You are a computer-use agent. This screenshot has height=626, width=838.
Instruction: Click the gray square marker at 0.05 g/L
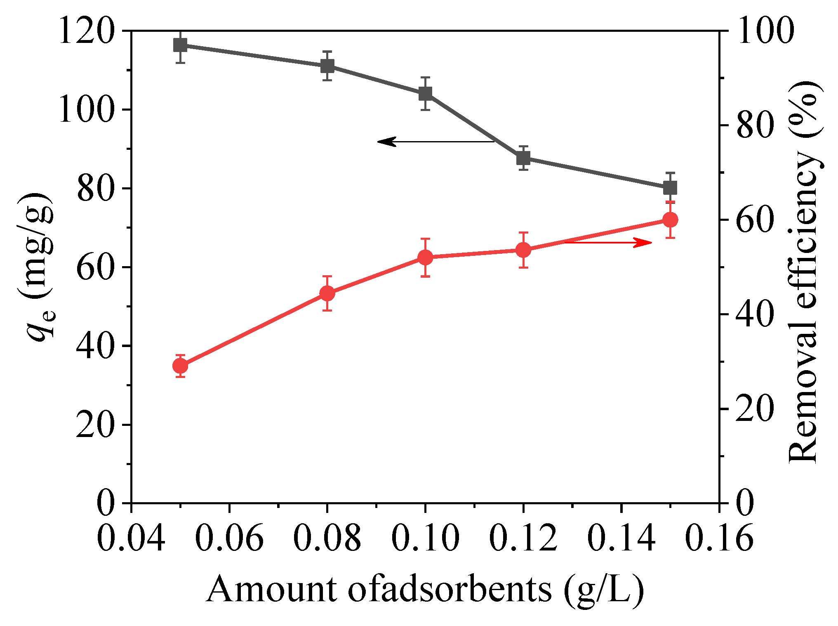tap(180, 45)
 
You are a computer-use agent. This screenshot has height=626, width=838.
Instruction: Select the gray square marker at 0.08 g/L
tap(327, 66)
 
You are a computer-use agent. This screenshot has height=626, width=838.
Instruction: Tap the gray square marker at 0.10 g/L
tap(425, 94)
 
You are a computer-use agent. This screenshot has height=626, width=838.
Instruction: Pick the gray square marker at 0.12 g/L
tap(523, 158)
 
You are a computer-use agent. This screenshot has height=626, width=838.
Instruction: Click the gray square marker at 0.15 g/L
tap(670, 188)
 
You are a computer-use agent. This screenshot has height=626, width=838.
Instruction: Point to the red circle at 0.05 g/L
tap(180, 366)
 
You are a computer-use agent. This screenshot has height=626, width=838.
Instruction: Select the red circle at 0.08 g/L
tap(327, 293)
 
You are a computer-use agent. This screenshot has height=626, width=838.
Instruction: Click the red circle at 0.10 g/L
tap(425, 257)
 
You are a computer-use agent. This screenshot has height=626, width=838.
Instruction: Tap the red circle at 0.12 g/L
tap(523, 250)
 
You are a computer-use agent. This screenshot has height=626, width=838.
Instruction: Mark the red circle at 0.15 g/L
tap(670, 220)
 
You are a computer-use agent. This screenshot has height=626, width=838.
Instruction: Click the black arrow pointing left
tap(435, 142)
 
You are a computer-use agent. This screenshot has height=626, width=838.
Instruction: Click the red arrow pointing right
tap(606, 242)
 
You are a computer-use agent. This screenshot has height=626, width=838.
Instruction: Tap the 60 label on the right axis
tap(754, 220)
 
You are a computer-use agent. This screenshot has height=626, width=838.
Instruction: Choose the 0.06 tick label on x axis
tap(229, 538)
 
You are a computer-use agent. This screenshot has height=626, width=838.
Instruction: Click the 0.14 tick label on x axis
tap(621, 538)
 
